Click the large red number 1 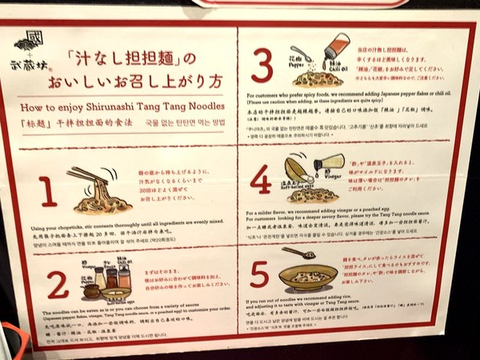[49, 193]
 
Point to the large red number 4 [261, 181]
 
